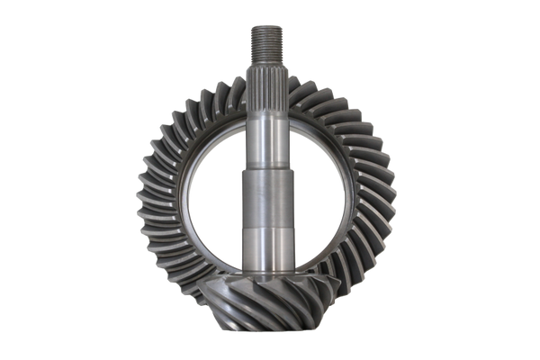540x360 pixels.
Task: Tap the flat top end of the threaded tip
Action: click(267, 26)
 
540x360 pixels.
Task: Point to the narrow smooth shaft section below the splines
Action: click(267, 131)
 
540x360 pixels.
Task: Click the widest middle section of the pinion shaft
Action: click(267, 193)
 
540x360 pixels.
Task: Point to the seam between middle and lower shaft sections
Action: click(267, 229)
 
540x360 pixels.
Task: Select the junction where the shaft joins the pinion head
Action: click(267, 274)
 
